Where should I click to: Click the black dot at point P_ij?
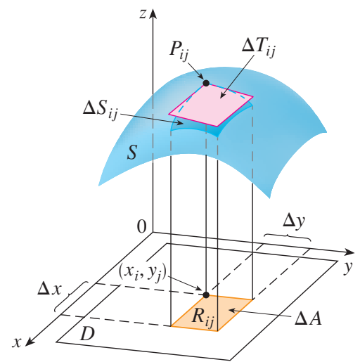[206, 83]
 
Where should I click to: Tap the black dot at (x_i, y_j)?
[206, 295]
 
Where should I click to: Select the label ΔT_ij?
[259, 49]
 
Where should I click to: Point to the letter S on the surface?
[131, 153]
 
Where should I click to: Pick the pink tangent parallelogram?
[210, 105]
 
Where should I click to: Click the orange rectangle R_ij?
[212, 313]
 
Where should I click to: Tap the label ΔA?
[308, 318]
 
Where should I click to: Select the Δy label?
[294, 221]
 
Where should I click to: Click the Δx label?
[49, 289]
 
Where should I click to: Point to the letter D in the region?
[87, 333]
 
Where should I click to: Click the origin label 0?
[141, 227]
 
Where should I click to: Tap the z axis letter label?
[143, 13]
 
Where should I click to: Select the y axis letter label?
[348, 268]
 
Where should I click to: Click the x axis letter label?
[17, 343]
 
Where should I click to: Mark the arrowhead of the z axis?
[153, 13]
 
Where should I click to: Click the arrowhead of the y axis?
[349, 252]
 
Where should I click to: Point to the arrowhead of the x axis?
[30, 342]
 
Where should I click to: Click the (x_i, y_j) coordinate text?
[143, 273]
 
